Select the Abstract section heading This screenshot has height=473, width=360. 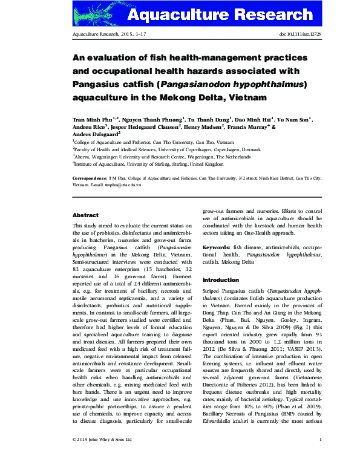pos(85,215)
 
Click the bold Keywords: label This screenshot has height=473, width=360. pos(216,248)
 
